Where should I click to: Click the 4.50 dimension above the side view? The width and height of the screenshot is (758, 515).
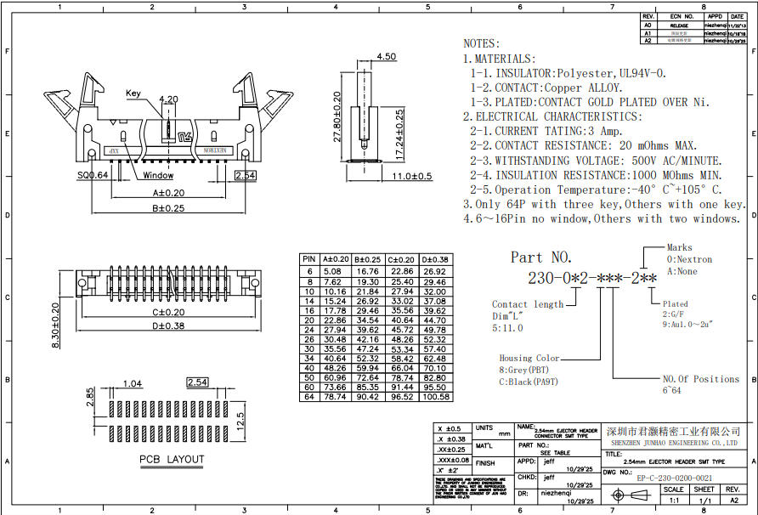(x=386, y=57)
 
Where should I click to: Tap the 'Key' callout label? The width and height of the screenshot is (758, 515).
(x=133, y=93)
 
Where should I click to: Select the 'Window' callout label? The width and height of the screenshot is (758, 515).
(x=158, y=176)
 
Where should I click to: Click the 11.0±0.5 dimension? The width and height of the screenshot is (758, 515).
(x=412, y=176)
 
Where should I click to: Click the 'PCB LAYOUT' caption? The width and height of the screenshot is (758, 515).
(x=172, y=460)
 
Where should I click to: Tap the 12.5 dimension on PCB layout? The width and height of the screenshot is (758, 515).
(x=240, y=421)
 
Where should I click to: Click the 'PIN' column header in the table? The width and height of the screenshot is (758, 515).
(x=309, y=258)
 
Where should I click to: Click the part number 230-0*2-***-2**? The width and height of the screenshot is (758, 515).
(x=592, y=278)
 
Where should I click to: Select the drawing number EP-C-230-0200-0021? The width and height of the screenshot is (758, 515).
(x=675, y=478)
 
